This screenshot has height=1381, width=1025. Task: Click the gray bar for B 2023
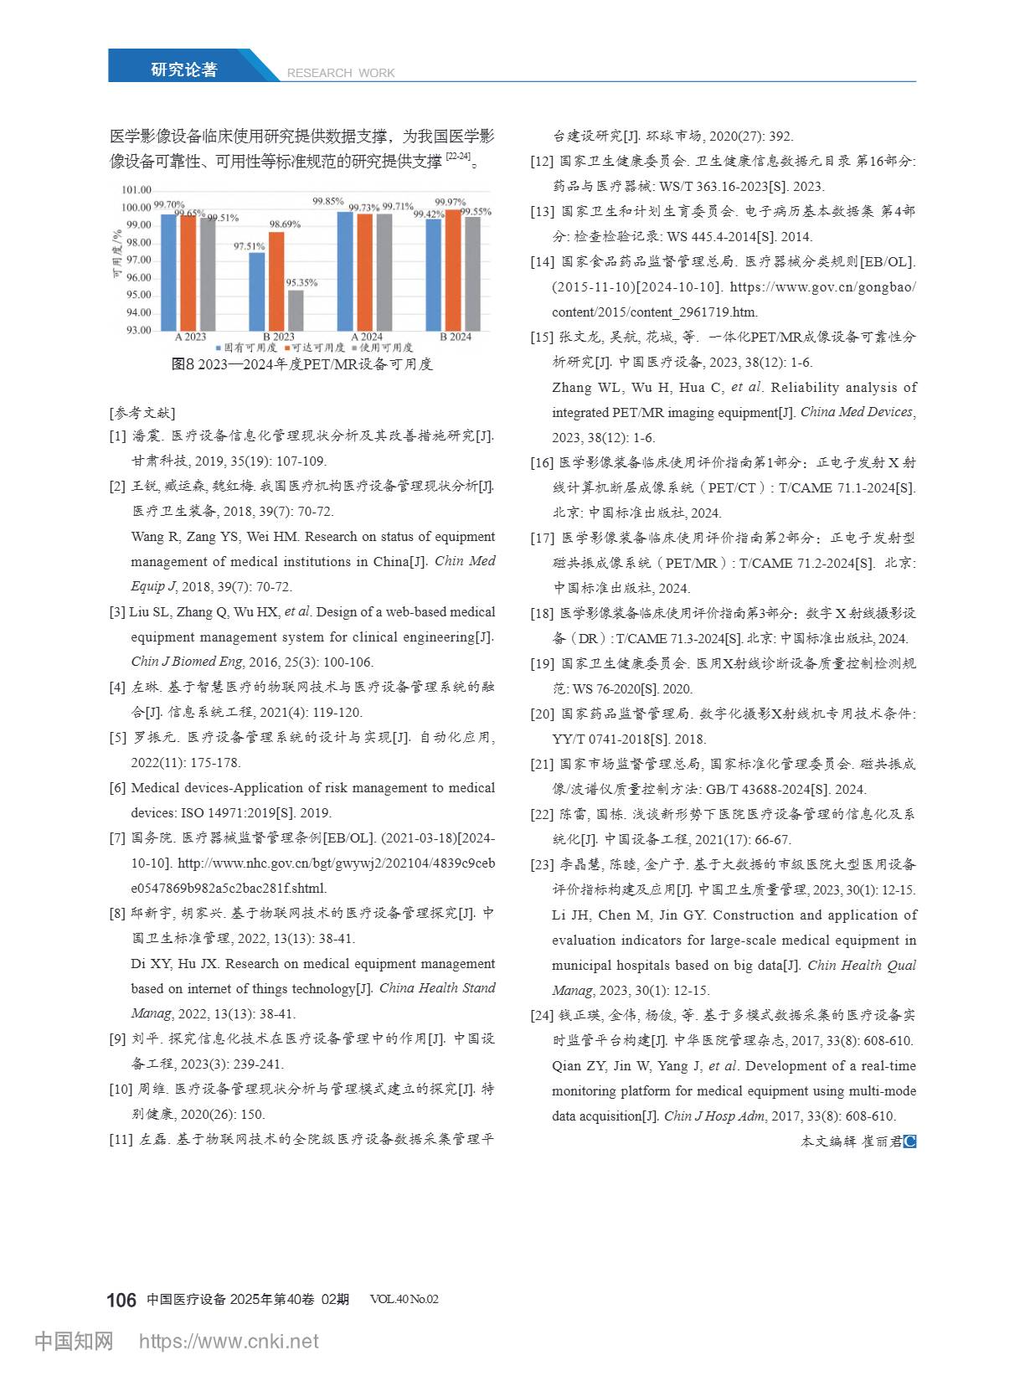tap(296, 310)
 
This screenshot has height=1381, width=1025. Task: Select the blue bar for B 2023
tap(257, 291)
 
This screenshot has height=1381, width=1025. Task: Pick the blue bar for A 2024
tap(345, 271)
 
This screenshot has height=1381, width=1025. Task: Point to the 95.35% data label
tap(301, 283)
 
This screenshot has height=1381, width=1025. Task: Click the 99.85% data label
tap(328, 202)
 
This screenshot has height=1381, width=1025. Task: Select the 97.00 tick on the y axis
tap(138, 260)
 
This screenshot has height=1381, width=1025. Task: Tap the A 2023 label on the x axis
tap(190, 337)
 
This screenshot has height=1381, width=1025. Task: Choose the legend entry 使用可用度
tap(384, 347)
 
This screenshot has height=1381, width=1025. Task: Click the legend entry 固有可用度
tap(247, 347)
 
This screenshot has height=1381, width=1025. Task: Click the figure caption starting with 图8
tap(301, 364)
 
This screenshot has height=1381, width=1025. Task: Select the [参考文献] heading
tap(142, 413)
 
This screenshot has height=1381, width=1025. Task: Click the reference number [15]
tap(542, 338)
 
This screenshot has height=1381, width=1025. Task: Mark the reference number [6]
tap(117, 788)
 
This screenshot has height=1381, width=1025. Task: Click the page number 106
tap(121, 1300)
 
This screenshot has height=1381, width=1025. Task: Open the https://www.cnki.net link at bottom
tap(228, 1341)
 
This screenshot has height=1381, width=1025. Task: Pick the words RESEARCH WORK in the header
tap(341, 73)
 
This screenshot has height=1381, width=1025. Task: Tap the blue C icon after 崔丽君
tap(910, 1141)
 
